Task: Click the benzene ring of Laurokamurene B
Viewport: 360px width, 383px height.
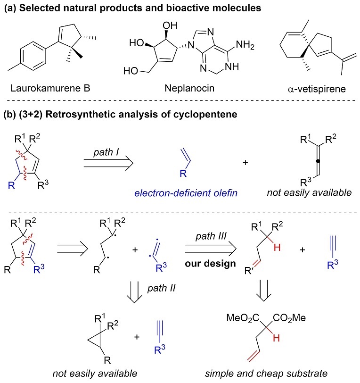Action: pos(37,61)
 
